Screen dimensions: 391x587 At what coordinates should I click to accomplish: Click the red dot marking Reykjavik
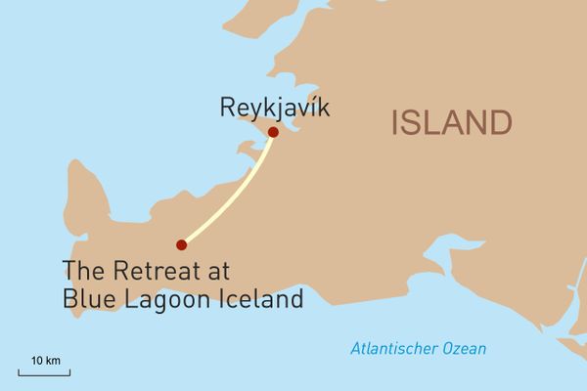coord(273,132)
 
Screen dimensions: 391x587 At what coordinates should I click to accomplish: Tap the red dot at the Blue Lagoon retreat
coord(181,244)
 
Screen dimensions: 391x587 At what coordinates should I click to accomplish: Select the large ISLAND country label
coord(451,124)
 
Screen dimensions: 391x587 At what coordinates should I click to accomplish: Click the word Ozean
coord(462,349)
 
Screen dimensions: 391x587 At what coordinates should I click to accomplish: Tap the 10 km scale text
coord(44,362)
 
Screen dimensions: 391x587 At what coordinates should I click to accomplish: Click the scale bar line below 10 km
coord(44,372)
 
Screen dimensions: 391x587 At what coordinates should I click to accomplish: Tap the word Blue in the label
coord(84,297)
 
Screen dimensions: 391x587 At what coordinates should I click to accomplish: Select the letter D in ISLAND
coord(499,124)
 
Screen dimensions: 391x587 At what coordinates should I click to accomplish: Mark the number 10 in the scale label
coord(36,362)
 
